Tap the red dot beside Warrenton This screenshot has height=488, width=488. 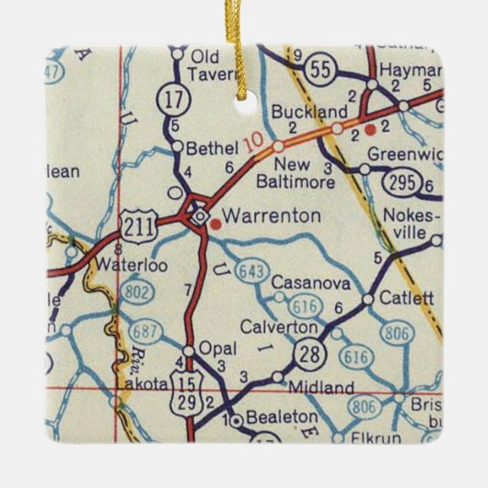[215, 221]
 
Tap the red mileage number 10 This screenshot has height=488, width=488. [253, 143]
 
